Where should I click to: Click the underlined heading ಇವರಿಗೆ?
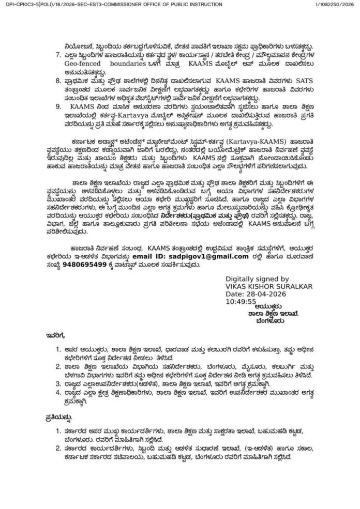tap(53, 336)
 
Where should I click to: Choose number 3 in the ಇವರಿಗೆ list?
tap(58, 384)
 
